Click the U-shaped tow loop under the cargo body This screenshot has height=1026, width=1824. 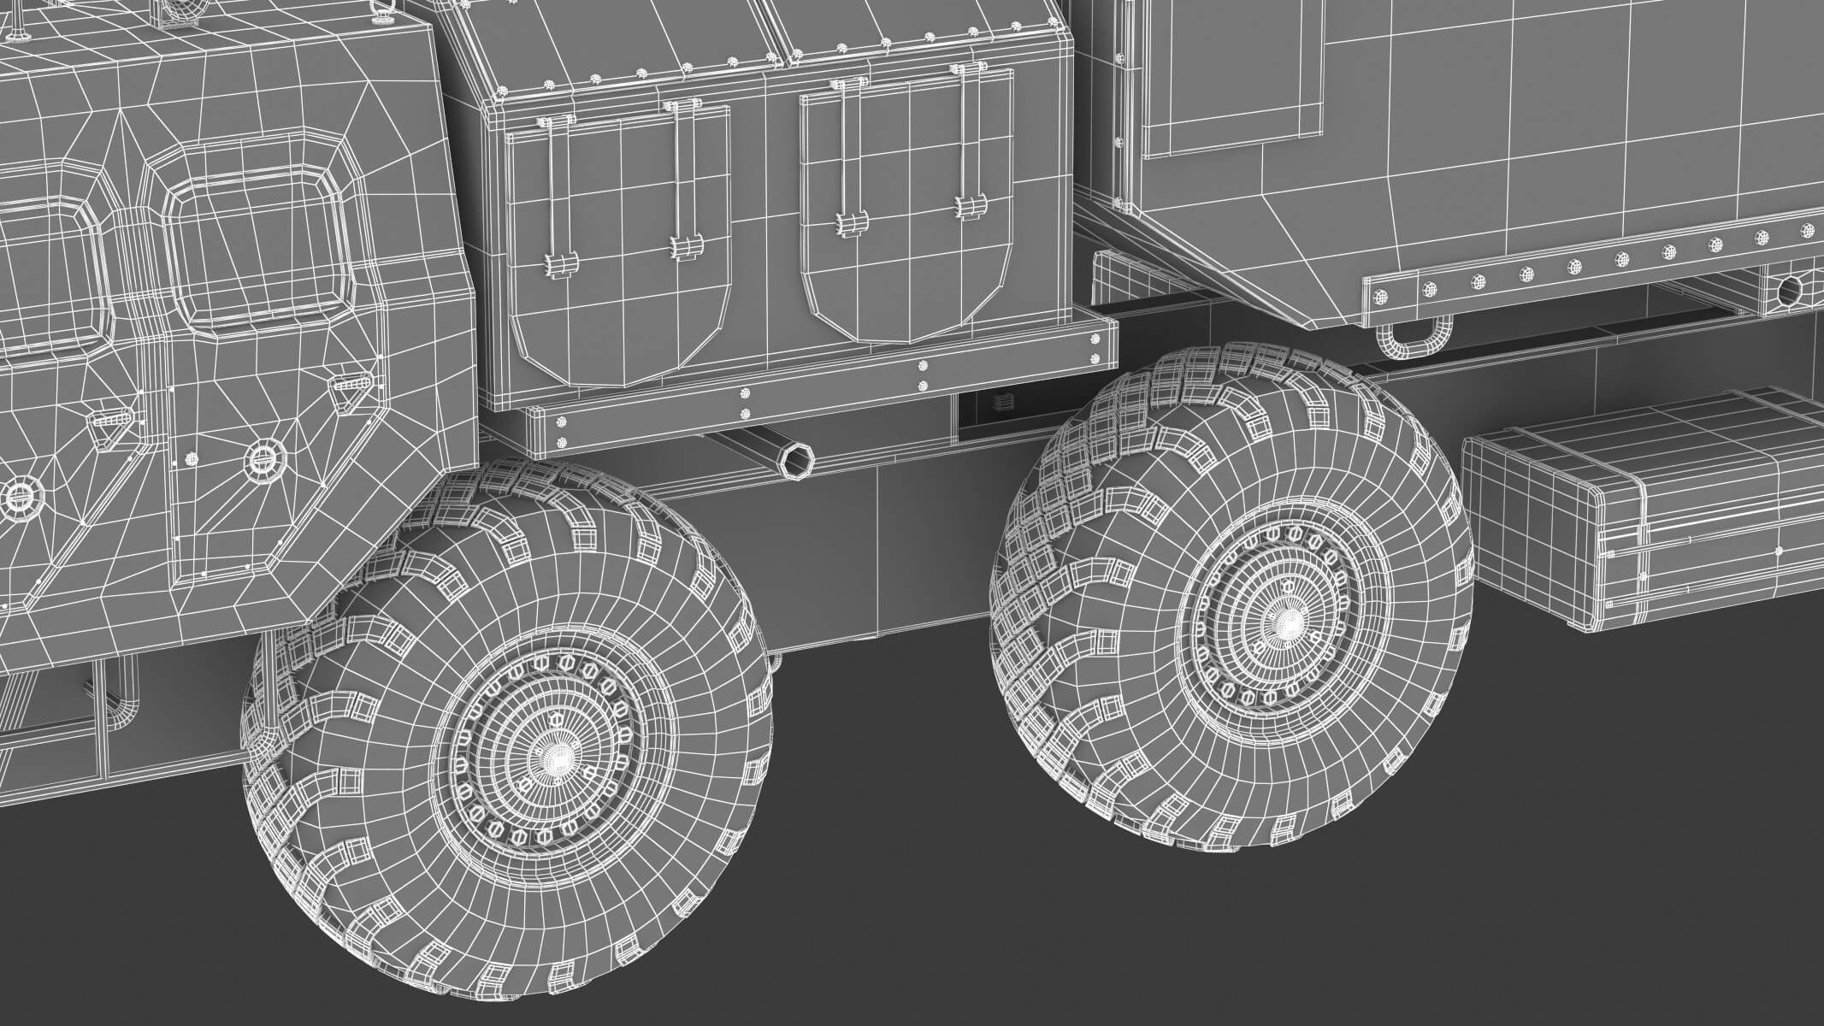pos(1413,339)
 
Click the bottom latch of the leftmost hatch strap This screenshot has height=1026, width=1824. pos(559,265)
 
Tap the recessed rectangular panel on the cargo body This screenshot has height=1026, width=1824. pos(1240,68)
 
